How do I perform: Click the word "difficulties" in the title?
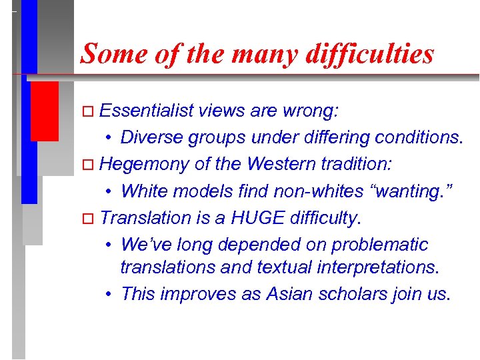(369, 53)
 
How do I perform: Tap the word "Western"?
(272, 163)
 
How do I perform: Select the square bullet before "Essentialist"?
(93, 111)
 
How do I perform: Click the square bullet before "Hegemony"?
(93, 165)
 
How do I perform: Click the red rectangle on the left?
(44, 111)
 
